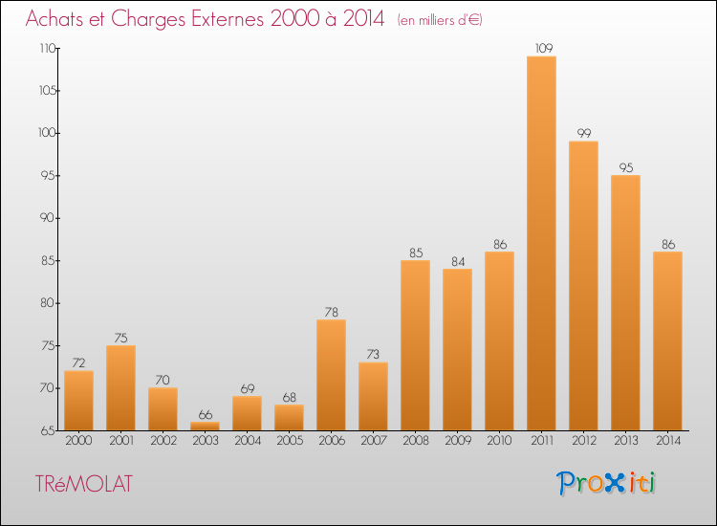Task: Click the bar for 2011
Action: pos(541,243)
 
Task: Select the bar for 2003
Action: pos(205,427)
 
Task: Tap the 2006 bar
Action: pos(331,375)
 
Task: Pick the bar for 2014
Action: pos(667,341)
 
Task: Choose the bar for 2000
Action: pos(78,401)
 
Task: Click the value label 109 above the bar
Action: pos(544,48)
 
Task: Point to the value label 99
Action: pos(584,133)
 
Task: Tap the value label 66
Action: pos(206,414)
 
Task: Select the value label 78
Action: pos(332,312)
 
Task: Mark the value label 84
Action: pos(458,261)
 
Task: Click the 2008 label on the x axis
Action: pos(416,441)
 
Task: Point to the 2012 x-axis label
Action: pos(584,441)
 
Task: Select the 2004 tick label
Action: pos(248,441)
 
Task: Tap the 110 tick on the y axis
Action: pos(48,48)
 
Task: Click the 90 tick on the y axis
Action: pos(48,218)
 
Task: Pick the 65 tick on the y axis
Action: pos(48,430)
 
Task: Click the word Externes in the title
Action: pos(228,19)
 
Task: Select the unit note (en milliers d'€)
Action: pos(440,20)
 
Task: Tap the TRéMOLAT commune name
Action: pos(84,484)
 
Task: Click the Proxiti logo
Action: pos(606,483)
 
